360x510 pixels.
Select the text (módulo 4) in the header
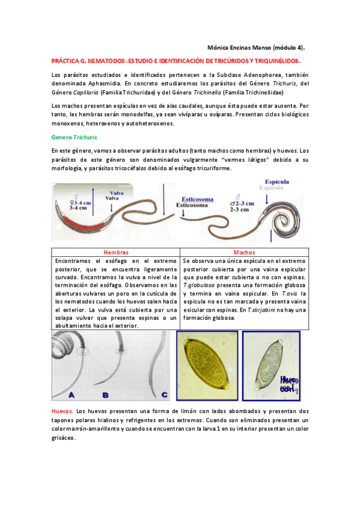pyautogui.click(x=288, y=47)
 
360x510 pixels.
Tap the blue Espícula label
pyautogui.click(x=276, y=181)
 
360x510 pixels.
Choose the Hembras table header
pyautogui.click(x=116, y=253)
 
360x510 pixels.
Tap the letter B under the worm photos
pyautogui.click(x=106, y=395)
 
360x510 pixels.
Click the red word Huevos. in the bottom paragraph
pyautogui.click(x=63, y=411)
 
